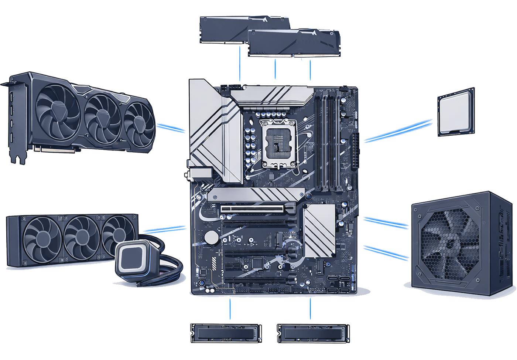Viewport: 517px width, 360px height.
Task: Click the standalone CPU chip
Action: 456,112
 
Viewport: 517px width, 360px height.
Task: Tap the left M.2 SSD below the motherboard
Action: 226,333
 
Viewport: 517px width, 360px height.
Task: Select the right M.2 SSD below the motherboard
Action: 313,333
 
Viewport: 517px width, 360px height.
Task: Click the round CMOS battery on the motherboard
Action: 212,237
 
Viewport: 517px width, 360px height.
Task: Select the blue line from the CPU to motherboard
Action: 398,130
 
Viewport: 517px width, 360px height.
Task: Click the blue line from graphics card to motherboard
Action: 171,128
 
